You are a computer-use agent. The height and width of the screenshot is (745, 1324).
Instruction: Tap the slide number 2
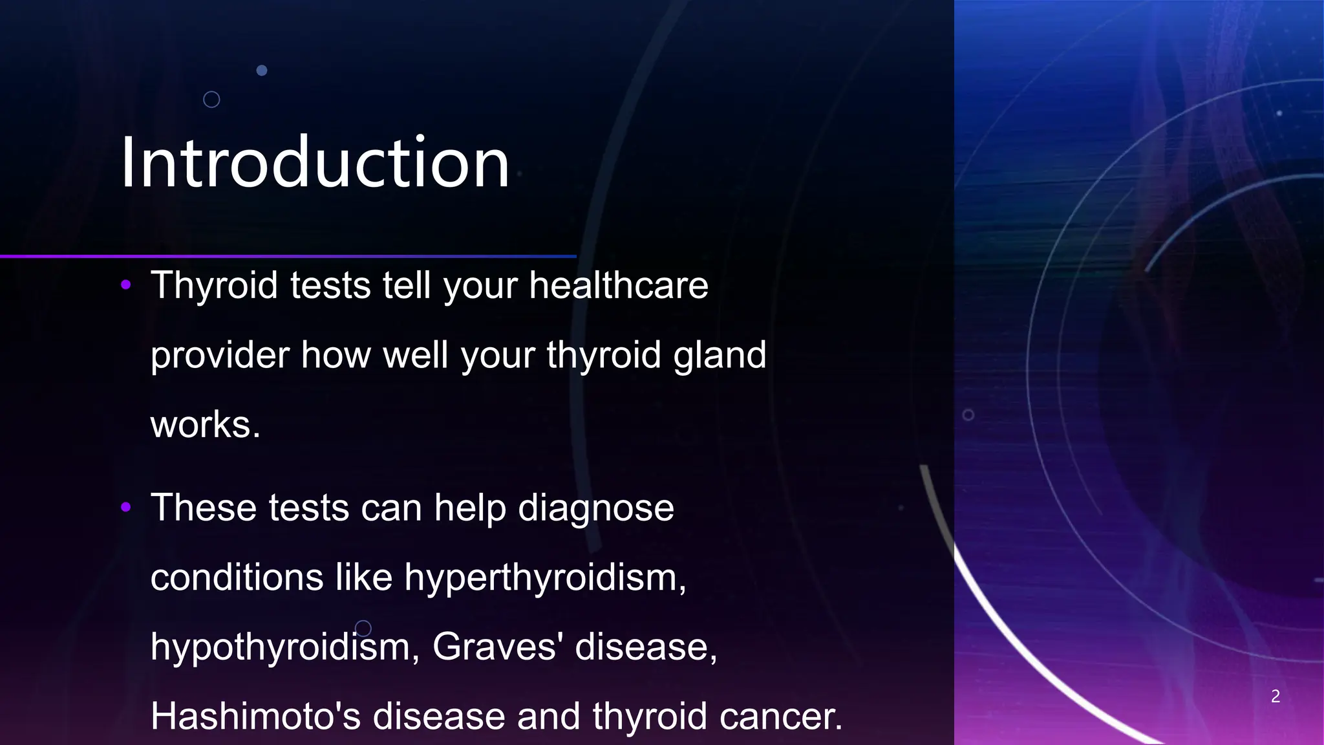[x=1275, y=696]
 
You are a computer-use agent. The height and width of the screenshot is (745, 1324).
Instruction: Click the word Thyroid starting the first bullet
[x=214, y=286]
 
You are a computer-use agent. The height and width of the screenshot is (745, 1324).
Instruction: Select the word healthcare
[x=619, y=286]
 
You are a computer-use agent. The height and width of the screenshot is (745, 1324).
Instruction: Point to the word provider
[x=220, y=356]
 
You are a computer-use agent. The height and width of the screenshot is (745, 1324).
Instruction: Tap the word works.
[x=205, y=425]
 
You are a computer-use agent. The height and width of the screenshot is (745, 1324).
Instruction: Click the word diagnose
[x=595, y=508]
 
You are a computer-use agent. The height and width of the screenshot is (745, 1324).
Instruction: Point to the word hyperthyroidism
[x=545, y=577]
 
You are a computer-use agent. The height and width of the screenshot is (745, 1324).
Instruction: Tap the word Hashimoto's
[x=255, y=716]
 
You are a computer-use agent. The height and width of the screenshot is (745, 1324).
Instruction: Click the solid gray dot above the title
[x=262, y=70]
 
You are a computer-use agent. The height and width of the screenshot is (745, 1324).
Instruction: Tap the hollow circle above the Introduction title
[x=211, y=100]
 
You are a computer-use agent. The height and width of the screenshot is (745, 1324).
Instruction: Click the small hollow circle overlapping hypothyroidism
[x=363, y=628]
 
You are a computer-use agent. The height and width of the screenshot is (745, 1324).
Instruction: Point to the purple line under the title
[x=288, y=257]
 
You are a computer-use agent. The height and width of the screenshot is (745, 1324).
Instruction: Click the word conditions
[x=237, y=577]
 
